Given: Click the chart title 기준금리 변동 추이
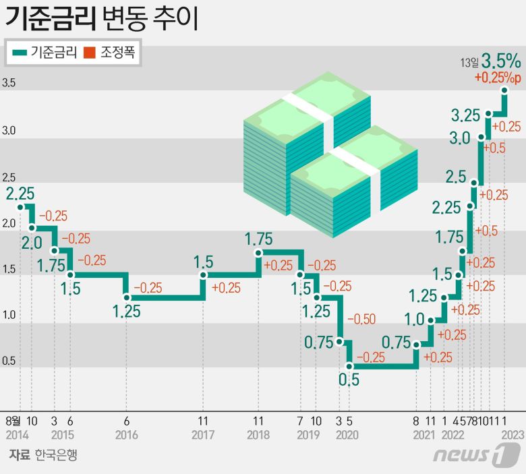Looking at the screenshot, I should point(101,20).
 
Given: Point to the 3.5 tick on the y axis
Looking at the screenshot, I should point(9,84).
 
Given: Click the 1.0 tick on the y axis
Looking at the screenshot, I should point(9,315).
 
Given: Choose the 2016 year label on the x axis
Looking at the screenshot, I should point(126,435).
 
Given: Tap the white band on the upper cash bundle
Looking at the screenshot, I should point(308,109).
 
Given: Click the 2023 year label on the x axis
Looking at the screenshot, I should point(510,435).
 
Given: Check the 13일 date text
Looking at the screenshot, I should point(469,63).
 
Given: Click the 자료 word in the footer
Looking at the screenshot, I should point(19,455).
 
